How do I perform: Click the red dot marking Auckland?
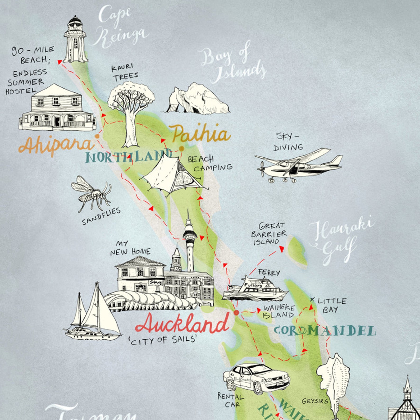point(236,313)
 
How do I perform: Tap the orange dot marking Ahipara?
point(97,136)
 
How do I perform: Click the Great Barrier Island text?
point(268,234)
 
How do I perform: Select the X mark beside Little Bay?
point(312,300)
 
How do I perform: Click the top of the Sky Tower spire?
point(188,210)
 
